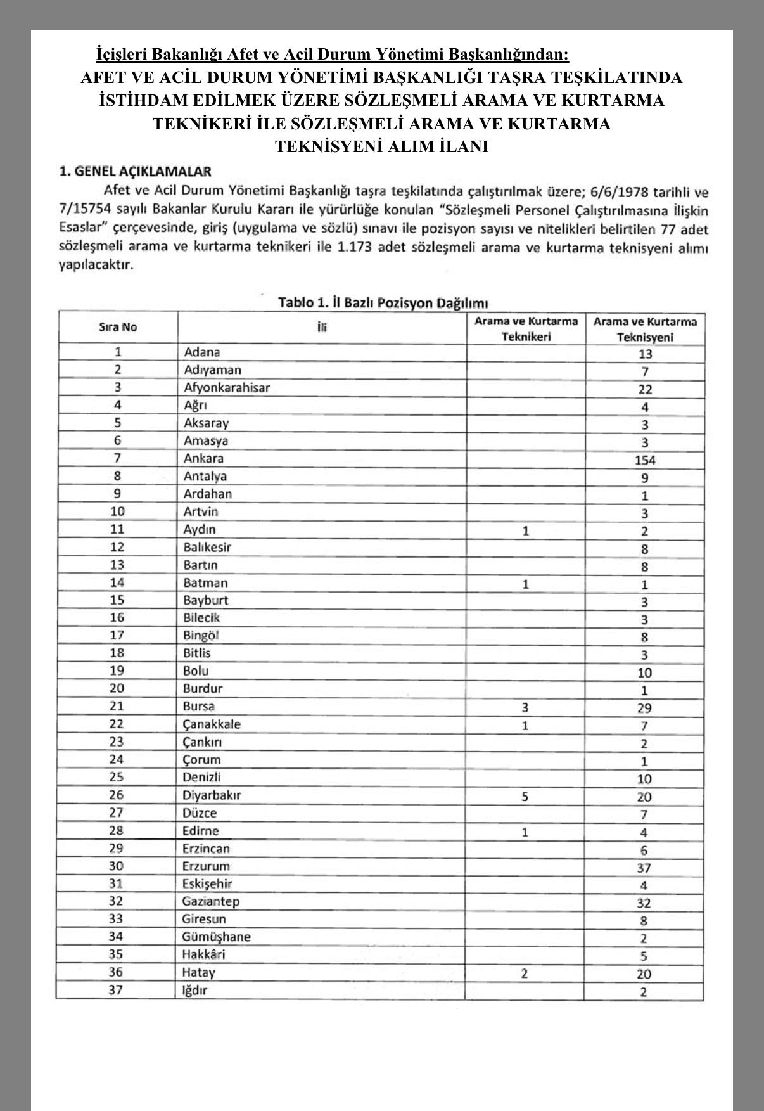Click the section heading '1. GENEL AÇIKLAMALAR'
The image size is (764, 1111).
coord(135,171)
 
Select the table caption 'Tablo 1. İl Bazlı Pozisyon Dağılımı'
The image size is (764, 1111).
coord(383,302)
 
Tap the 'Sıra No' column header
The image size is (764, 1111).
coord(118,327)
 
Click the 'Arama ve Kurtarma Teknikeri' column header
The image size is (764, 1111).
coord(526,328)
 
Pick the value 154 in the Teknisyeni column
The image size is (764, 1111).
coord(644,460)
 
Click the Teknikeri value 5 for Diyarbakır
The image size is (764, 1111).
coord(525,796)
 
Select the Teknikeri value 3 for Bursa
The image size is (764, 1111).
coord(525,707)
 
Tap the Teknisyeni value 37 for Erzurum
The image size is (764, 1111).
coord(644,868)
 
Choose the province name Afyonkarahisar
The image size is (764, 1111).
coord(226,387)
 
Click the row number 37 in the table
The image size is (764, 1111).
coord(116,989)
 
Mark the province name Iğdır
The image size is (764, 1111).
coord(195,989)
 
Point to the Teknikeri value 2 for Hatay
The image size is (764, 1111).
coord(524,973)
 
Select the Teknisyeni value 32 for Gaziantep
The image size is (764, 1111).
coord(644,903)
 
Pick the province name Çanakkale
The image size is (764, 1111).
coord(212,724)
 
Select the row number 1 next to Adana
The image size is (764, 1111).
coord(118,352)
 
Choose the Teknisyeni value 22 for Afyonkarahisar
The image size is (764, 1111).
coord(645,389)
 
